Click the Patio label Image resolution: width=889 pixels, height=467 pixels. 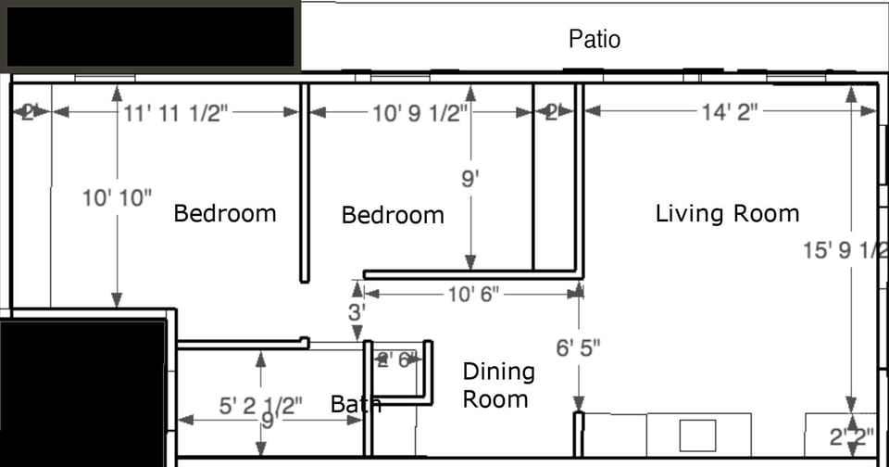point(595,39)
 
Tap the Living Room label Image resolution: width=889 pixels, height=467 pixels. point(727,214)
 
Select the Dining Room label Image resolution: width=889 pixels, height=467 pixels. point(498,385)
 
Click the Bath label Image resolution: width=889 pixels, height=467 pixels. point(356,405)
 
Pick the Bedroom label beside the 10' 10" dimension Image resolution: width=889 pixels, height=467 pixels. point(225,214)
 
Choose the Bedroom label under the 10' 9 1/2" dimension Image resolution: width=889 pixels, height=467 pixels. point(393,216)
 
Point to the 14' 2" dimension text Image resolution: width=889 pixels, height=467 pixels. point(730,111)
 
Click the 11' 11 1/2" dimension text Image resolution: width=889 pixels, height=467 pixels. point(176,112)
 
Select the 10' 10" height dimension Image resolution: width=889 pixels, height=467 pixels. point(117,197)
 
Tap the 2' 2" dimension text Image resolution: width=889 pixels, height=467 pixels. point(851,437)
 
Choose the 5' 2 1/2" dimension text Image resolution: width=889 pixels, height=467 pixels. point(261,406)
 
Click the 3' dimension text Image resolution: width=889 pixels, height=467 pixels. point(357,312)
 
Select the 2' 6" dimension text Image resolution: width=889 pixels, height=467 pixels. point(396,360)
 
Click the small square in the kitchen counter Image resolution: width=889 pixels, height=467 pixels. point(697,435)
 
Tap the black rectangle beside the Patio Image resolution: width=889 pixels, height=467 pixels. point(150,37)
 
